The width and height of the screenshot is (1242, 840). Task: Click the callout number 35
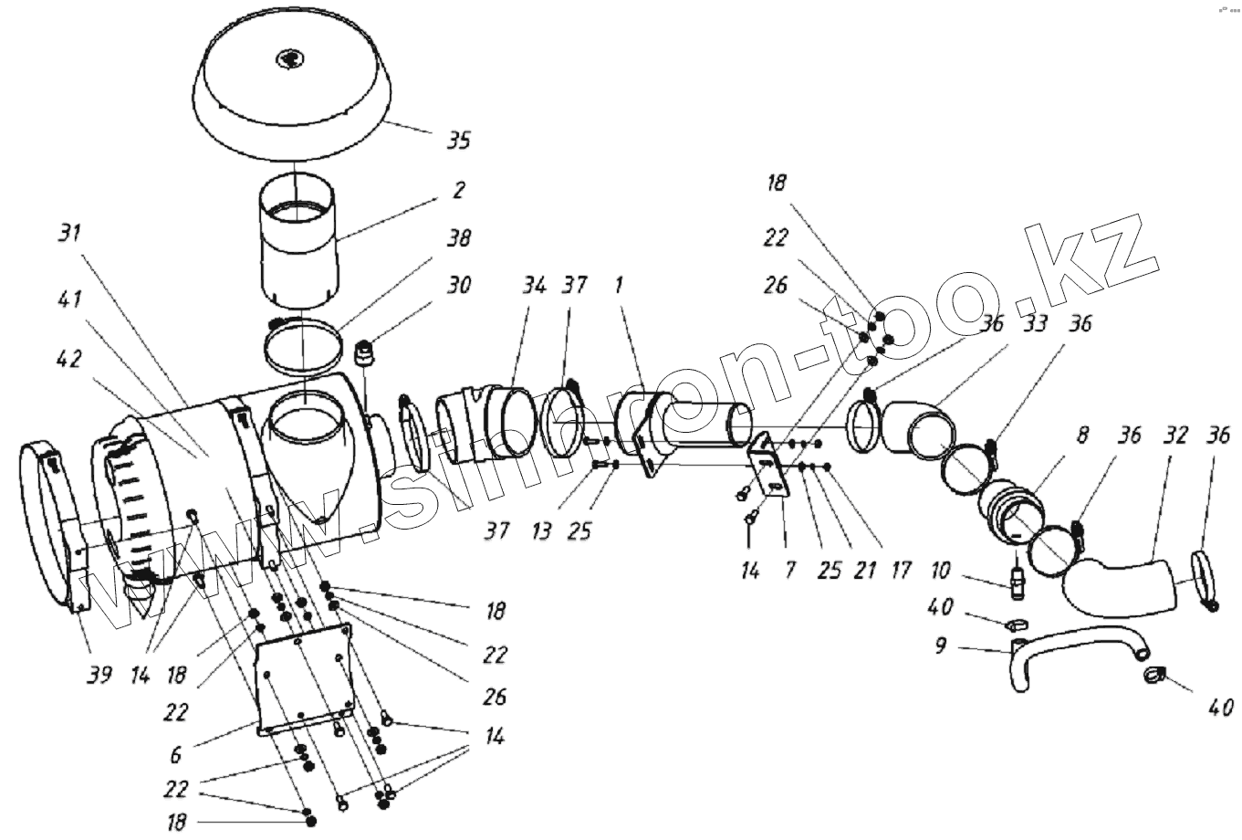point(459,141)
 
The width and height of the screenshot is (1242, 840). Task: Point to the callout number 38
point(459,238)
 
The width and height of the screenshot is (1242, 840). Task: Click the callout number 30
point(459,285)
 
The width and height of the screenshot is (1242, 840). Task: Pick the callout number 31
point(70,233)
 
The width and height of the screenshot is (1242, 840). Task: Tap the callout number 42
point(70,359)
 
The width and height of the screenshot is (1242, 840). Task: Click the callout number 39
point(99,675)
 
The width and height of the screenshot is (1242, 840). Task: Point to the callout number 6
point(176,754)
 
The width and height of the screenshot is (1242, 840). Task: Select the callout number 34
point(534,286)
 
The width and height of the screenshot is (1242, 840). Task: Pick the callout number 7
point(790,571)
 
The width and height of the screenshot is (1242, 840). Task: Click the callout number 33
point(1034,323)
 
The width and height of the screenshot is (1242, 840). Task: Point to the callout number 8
point(1082,435)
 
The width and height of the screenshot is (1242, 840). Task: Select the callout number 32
point(1175,435)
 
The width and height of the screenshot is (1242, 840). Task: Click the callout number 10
point(940,571)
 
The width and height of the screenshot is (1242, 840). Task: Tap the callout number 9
point(940,646)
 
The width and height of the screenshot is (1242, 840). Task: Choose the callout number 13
point(542,530)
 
